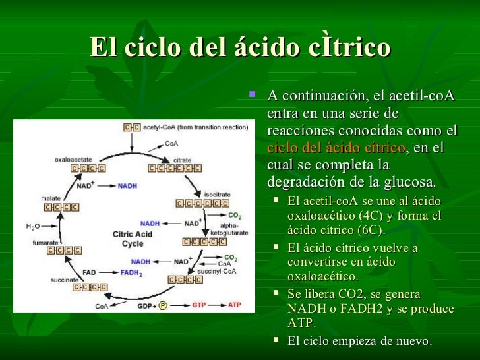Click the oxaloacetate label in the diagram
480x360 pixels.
point(73,159)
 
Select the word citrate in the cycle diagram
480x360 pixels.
point(183,160)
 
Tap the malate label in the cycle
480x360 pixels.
point(52,198)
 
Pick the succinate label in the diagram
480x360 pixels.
point(64,280)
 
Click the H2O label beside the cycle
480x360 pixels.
point(32,227)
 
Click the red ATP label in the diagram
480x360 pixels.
point(235,305)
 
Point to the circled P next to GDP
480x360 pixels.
point(163,306)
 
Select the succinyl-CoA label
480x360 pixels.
point(224,270)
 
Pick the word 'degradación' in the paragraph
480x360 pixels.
point(309,181)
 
